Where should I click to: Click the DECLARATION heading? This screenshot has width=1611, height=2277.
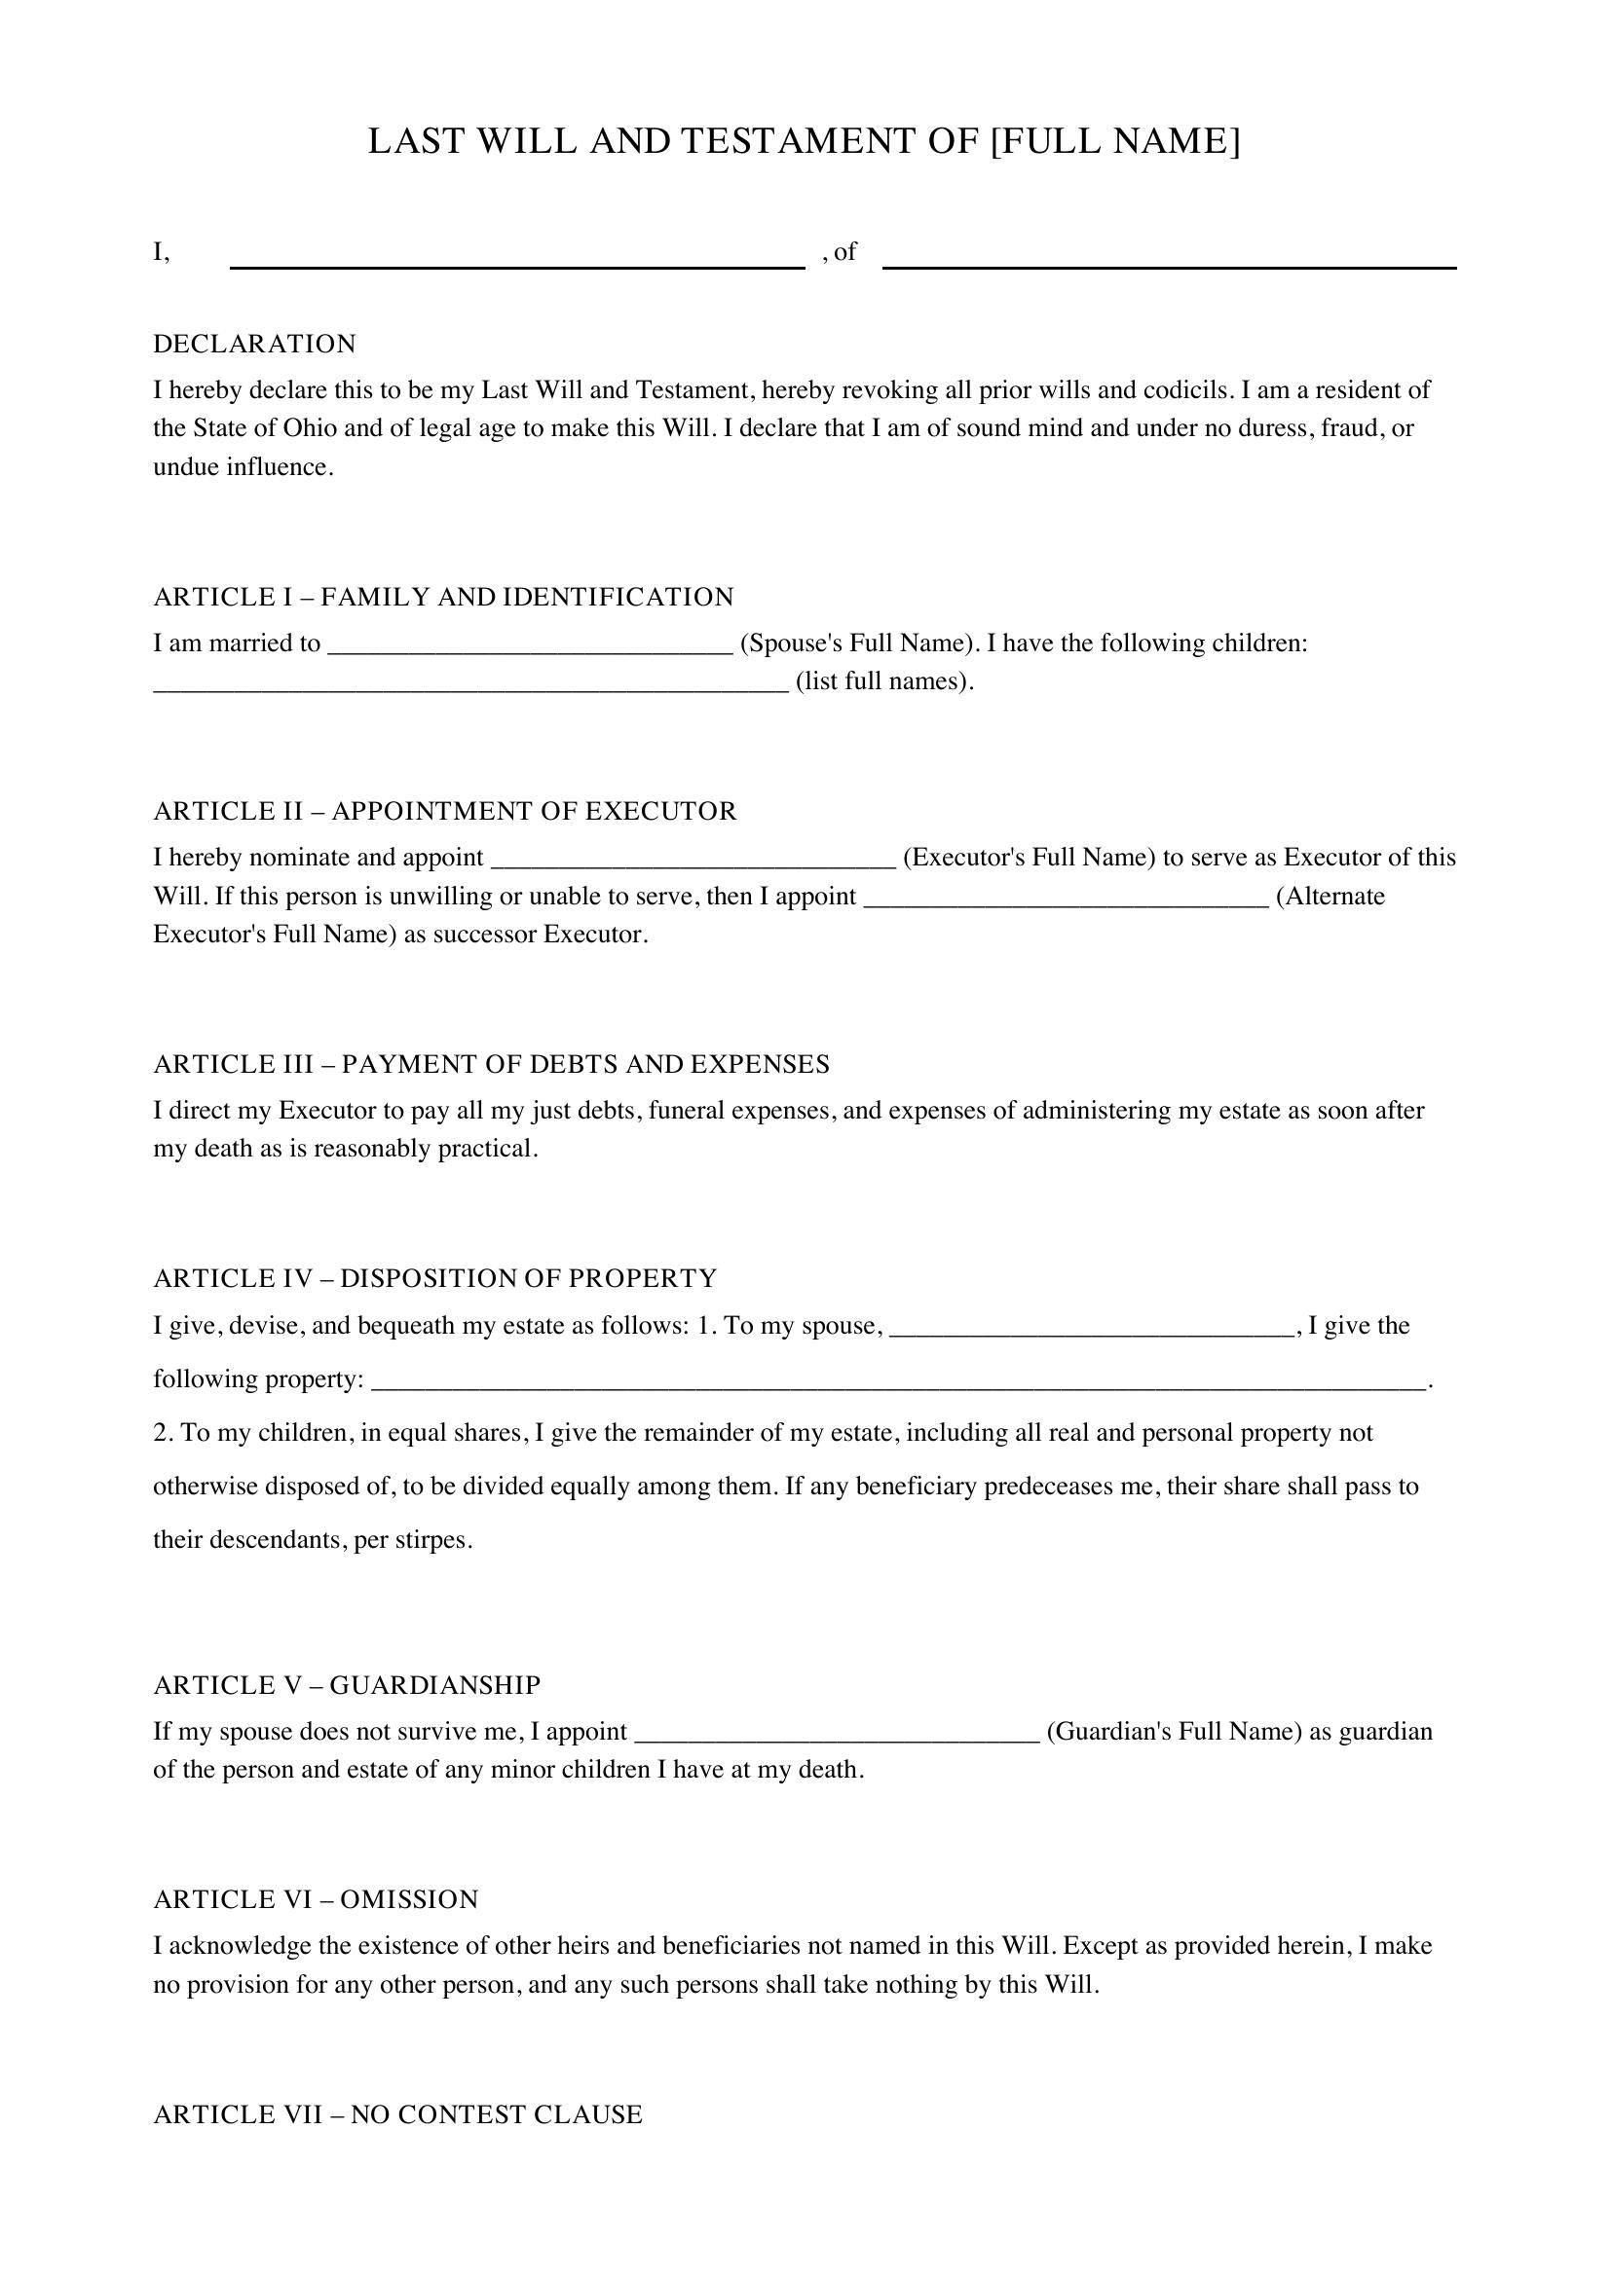point(255,344)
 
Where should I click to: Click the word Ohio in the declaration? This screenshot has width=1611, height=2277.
point(310,428)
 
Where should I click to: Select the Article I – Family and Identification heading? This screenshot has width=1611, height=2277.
point(443,597)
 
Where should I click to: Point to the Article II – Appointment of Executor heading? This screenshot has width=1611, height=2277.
point(445,811)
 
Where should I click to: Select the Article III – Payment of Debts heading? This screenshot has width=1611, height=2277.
point(491,1064)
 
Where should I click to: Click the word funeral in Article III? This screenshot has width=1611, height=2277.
point(687,1111)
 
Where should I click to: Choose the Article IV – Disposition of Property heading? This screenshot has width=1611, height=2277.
point(434,1278)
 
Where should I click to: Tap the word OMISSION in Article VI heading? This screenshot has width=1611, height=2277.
point(409,1899)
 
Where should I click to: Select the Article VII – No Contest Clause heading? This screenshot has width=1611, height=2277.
point(397,2114)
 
